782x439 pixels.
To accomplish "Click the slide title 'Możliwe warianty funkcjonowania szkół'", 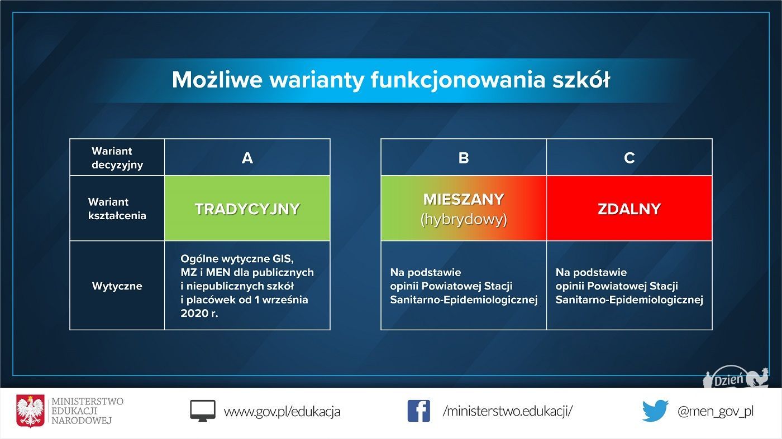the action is pyautogui.click(x=390, y=80).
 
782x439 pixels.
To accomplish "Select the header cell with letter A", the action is pyautogui.click(x=247, y=157).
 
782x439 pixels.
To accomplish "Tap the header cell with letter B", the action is pyautogui.click(x=464, y=157).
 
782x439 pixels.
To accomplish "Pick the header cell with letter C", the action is pyautogui.click(x=630, y=157).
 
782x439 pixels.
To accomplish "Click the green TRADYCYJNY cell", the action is pyautogui.click(x=247, y=208).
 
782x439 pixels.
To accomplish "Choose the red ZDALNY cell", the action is pyautogui.click(x=630, y=208).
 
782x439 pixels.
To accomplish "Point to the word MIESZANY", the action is pyautogui.click(x=464, y=200).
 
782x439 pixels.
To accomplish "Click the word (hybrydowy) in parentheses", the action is pyautogui.click(x=464, y=220).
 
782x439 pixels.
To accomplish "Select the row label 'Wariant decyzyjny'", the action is pyautogui.click(x=117, y=158).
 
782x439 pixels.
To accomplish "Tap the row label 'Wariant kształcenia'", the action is pyautogui.click(x=117, y=209).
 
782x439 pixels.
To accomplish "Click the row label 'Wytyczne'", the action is pyautogui.click(x=117, y=286).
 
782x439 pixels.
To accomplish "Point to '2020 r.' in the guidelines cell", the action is pyautogui.click(x=199, y=313).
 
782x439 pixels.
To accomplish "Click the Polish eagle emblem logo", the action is pyautogui.click(x=30, y=411).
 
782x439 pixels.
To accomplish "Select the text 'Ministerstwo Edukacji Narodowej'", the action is pyautogui.click(x=87, y=411).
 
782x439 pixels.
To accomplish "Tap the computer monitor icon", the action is pyautogui.click(x=202, y=411).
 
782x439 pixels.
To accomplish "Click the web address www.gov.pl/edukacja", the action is pyautogui.click(x=282, y=412).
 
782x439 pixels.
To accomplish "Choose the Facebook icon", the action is pyautogui.click(x=418, y=411).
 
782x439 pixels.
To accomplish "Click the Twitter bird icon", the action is pyautogui.click(x=655, y=411).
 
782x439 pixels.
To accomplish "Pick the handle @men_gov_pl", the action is pyautogui.click(x=716, y=412).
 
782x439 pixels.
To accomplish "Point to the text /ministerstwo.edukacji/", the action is pyautogui.click(x=508, y=411).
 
